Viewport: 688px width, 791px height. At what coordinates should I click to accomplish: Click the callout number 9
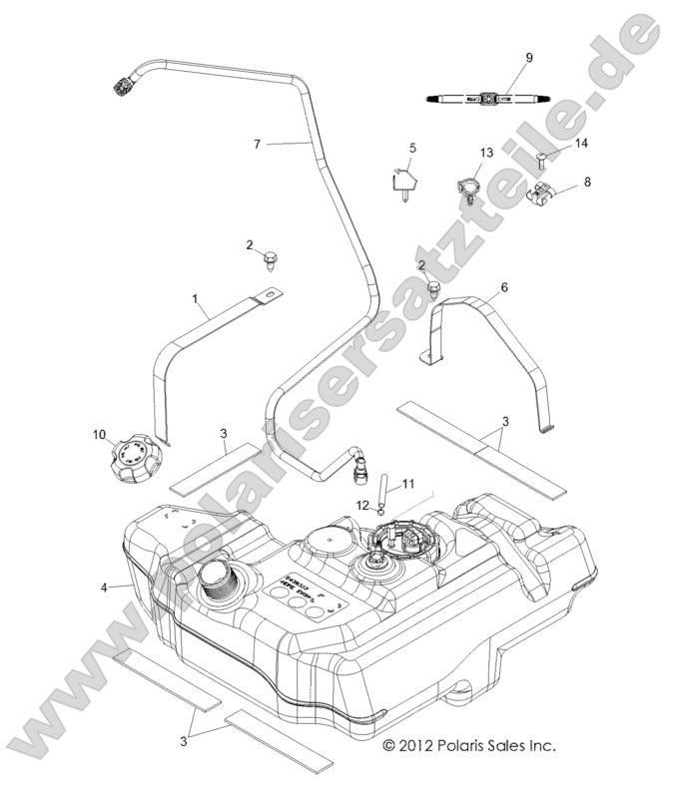point(530,58)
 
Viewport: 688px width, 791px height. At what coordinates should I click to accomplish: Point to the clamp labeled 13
point(466,186)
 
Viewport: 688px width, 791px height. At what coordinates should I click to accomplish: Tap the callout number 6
point(503,286)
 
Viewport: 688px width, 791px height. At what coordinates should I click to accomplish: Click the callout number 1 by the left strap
point(197,298)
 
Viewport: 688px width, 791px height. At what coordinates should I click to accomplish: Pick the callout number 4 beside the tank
point(104,588)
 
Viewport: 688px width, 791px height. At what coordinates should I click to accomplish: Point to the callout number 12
point(364,505)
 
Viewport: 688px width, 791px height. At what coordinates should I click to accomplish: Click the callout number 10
point(99,435)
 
